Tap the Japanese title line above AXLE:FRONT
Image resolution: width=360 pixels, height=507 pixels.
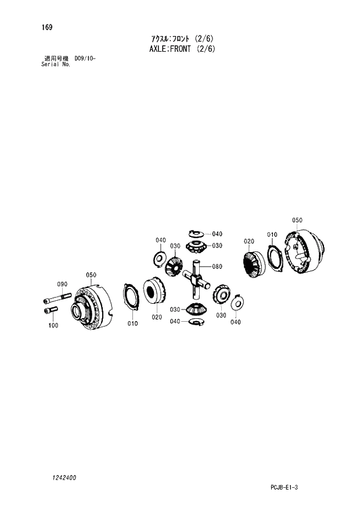tap(182, 38)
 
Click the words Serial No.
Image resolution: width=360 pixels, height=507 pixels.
tap(56, 64)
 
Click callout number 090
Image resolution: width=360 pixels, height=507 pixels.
tap(62, 284)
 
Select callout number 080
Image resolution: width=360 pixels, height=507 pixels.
tap(217, 267)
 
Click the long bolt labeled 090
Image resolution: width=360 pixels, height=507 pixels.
tap(56, 300)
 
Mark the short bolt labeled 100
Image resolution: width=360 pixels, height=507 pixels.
tap(51, 311)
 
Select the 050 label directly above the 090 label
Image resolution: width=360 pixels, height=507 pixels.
tap(91, 275)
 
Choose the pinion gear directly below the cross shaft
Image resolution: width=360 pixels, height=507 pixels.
tap(196, 310)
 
